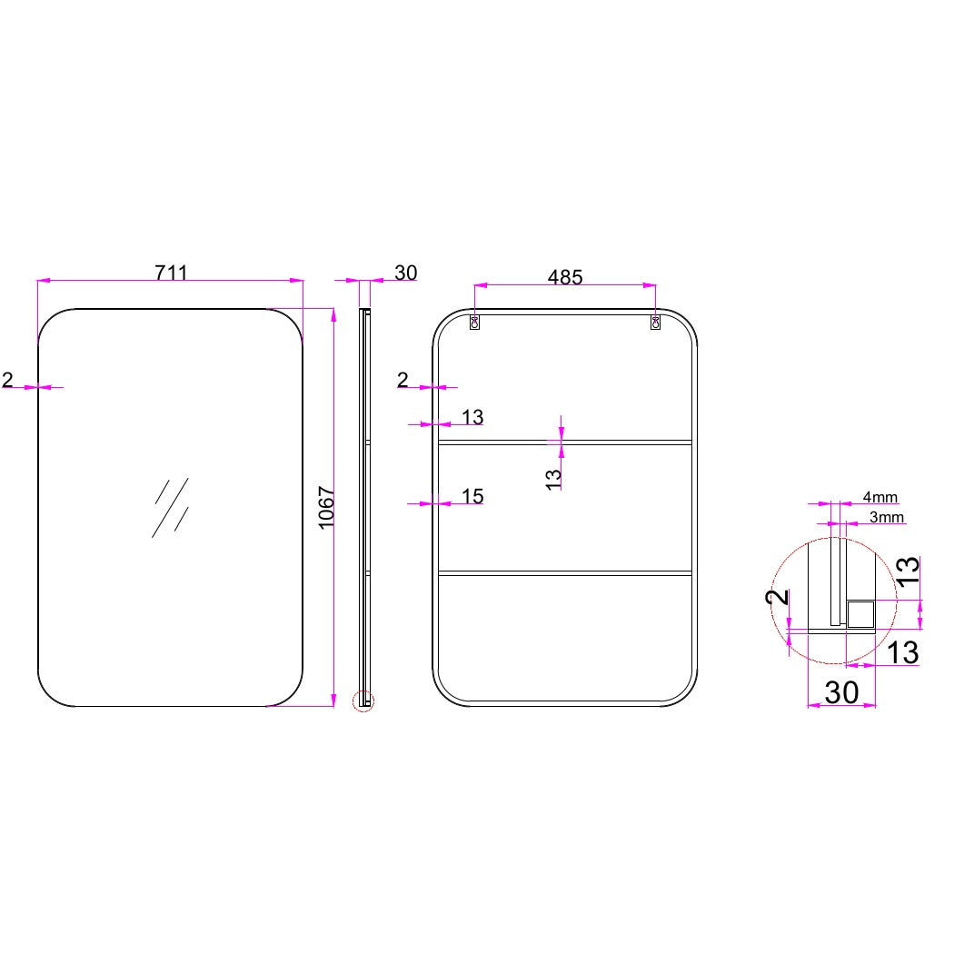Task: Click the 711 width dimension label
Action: [x=171, y=273]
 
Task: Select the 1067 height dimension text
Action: [x=327, y=508]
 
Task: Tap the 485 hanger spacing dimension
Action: [x=564, y=277]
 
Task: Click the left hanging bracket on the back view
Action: [x=474, y=322]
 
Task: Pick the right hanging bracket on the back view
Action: [x=655, y=322]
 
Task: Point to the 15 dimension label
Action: [x=472, y=496]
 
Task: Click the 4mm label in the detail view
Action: [x=880, y=497]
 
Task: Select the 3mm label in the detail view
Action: [x=886, y=517]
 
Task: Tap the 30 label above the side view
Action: [x=405, y=273]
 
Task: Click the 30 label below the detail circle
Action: [x=841, y=692]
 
